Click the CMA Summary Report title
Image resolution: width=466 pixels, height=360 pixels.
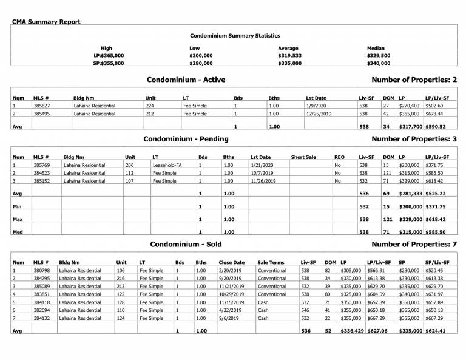tap(46, 22)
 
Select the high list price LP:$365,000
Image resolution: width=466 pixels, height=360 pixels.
tap(109, 55)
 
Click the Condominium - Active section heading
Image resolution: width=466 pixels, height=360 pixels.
tap(186, 80)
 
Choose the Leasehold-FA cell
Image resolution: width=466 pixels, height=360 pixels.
tap(166, 165)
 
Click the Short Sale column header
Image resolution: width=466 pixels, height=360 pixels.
tap(303, 157)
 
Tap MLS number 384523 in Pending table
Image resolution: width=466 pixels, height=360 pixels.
tap(42, 172)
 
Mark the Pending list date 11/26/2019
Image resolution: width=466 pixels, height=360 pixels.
tap(263, 180)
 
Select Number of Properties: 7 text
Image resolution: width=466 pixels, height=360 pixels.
tap(413, 244)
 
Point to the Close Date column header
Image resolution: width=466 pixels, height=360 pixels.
tap(231, 262)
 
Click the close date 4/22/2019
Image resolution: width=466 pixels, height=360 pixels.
tap(230, 310)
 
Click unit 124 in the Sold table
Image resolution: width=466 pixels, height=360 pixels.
tap(120, 318)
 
